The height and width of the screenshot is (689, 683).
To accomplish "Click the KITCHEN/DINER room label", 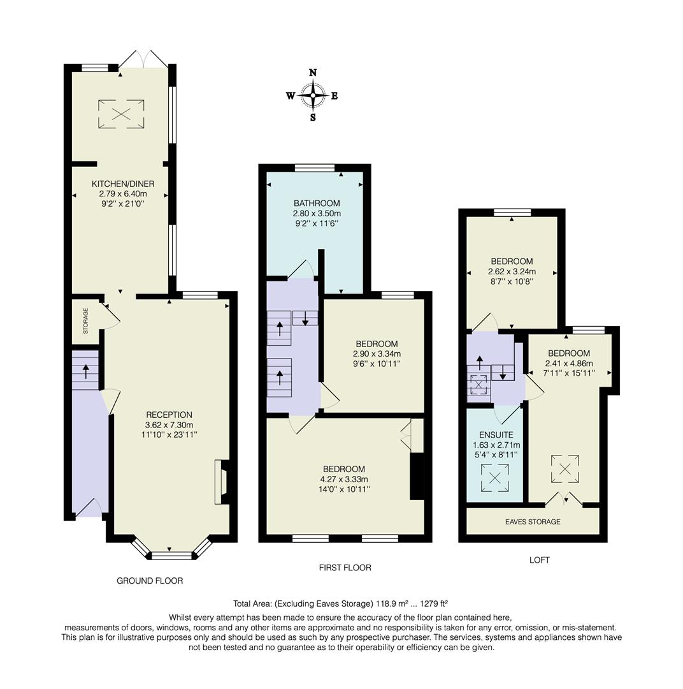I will tap(122, 184).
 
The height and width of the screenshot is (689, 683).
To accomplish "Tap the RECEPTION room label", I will tap(169, 415).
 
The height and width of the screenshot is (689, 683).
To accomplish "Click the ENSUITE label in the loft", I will tap(496, 434).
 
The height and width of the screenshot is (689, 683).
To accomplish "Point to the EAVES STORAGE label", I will tap(533, 522).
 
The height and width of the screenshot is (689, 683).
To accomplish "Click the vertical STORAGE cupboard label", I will tap(85, 321).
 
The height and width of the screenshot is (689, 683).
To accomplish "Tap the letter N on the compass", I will tap(313, 73).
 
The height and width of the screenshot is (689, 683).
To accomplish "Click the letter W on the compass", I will tap(291, 96).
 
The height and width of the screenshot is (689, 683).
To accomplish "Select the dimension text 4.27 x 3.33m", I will tap(343, 479).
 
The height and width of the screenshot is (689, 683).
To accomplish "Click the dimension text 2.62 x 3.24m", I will tap(512, 271).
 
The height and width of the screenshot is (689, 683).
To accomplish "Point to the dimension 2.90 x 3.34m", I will tap(377, 354).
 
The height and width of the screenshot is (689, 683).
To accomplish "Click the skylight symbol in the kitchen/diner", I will tap(121, 114).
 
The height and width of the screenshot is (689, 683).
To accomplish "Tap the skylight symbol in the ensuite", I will tap(495, 478).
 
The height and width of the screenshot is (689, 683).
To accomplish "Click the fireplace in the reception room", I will tap(221, 482).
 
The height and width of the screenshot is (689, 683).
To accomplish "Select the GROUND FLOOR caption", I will tap(150, 581).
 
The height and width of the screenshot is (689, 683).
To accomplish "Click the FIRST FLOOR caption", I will tap(345, 567).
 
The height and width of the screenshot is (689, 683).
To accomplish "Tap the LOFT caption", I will tap(539, 560).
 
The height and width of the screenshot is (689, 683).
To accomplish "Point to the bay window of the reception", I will tap(171, 552).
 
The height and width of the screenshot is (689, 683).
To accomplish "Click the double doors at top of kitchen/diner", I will tap(144, 61).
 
